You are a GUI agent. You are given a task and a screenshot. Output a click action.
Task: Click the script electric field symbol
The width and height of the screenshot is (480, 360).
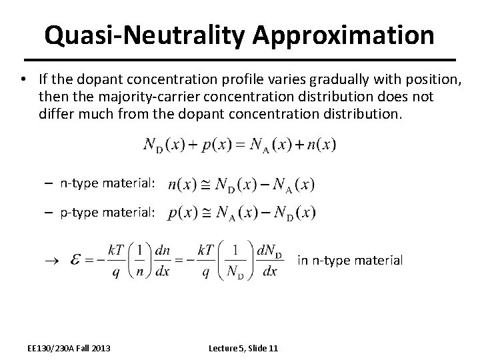85,261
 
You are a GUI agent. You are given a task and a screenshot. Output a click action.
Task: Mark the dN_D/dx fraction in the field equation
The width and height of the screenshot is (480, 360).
270,261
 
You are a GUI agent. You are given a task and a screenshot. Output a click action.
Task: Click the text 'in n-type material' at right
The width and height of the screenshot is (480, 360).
350,260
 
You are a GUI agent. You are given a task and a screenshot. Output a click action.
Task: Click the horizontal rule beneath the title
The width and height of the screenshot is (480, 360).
239,58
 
